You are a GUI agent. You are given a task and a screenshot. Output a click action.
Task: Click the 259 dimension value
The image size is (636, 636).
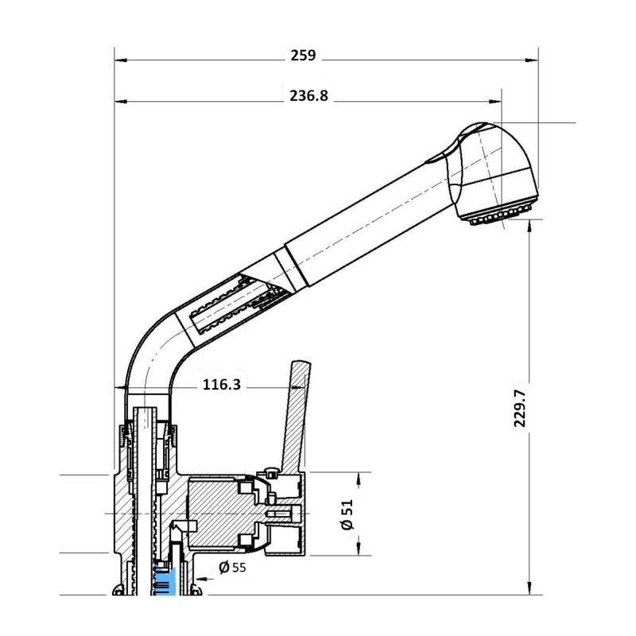click(302, 56)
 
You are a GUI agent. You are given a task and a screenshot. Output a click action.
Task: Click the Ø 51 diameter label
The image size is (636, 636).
click(347, 515)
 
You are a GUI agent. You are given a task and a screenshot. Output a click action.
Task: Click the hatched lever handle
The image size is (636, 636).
click(295, 413)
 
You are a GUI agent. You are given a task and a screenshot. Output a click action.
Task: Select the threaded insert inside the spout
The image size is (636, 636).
click(231, 306)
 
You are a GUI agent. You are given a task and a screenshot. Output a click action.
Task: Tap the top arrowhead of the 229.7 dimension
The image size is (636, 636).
click(529, 225)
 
